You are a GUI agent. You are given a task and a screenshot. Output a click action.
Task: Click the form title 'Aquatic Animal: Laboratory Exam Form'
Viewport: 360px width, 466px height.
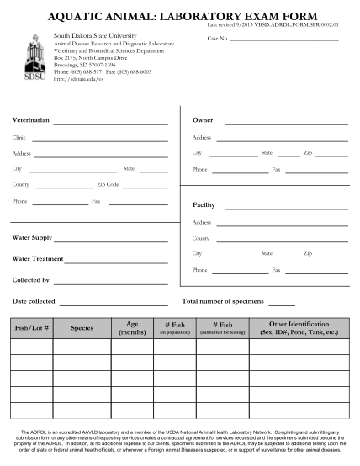180,16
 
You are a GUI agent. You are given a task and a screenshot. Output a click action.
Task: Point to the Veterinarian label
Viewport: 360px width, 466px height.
30,120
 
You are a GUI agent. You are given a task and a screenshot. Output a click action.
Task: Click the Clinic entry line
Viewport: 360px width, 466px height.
101,139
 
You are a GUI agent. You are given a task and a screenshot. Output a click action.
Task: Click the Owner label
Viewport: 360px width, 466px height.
203,120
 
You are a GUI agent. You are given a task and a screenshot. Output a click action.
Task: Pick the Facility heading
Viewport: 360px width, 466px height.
204,205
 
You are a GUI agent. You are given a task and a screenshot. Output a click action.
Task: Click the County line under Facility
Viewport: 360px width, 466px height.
281,240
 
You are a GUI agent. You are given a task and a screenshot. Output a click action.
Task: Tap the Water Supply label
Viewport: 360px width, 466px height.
33,237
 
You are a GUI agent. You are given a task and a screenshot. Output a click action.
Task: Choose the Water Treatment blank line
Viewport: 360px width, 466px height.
118,260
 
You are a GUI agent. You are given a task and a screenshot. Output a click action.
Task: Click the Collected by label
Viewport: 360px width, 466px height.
30,280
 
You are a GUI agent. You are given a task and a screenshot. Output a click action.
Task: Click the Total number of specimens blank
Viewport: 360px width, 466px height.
282,303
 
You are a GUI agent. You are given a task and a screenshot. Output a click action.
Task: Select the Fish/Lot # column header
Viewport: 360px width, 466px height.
31,328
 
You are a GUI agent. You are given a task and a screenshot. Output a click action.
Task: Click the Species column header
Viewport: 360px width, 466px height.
82,328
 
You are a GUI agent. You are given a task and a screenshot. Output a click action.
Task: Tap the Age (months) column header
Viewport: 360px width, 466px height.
132,328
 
